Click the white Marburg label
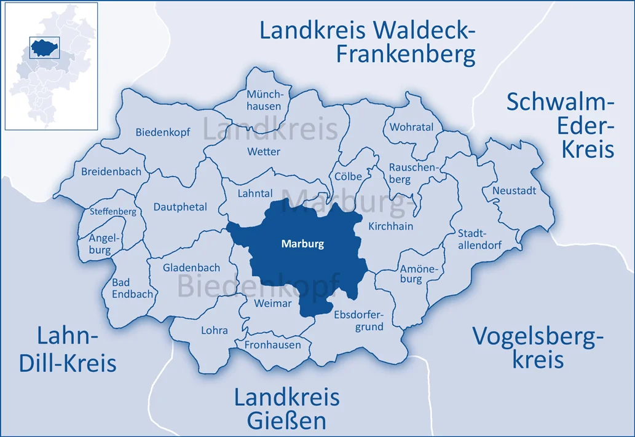click(302, 244)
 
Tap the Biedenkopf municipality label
click(163, 133)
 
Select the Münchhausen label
click(264, 101)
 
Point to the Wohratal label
click(411, 128)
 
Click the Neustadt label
click(514, 191)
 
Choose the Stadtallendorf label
click(479, 239)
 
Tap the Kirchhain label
click(390, 226)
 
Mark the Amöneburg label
click(411, 274)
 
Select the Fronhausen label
click(273, 345)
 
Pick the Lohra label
click(214, 330)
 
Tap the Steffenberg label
click(113, 212)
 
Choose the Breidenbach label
click(111, 172)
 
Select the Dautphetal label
click(180, 207)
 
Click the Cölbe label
click(349, 177)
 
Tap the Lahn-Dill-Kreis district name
click(68, 350)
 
